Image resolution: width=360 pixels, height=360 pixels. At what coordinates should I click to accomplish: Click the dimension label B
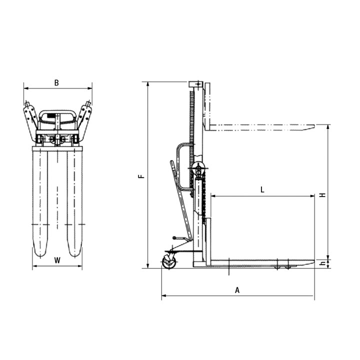click(x=56, y=82)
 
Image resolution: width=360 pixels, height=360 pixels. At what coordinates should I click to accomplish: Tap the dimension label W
click(x=57, y=260)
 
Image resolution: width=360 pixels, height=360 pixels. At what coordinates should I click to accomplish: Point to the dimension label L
click(x=262, y=189)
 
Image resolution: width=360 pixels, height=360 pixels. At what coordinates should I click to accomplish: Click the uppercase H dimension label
click(x=323, y=195)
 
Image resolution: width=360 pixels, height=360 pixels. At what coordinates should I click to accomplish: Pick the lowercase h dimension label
click(x=323, y=263)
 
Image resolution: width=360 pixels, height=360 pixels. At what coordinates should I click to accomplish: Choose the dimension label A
click(x=237, y=290)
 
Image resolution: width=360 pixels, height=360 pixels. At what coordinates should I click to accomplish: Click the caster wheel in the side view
click(x=169, y=262)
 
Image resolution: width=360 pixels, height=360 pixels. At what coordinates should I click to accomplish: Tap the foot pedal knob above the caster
click(x=175, y=237)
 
